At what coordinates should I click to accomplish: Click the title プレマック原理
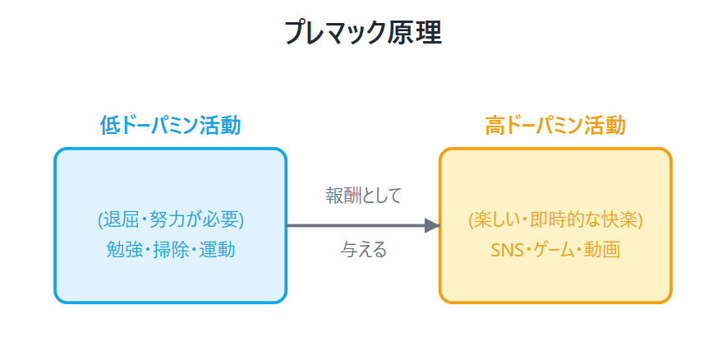point(363,33)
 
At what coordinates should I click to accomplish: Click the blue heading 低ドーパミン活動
point(170,126)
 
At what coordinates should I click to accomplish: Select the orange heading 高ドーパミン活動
point(555,126)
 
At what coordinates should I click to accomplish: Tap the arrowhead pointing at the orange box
point(432,226)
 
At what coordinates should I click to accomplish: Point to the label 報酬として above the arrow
point(363,196)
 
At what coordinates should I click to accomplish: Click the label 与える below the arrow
point(363,250)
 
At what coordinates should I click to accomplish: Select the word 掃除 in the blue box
point(170,250)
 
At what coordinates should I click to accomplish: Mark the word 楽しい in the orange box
point(499,220)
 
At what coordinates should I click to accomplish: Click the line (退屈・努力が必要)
point(170,220)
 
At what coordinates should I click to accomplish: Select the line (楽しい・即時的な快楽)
point(555,220)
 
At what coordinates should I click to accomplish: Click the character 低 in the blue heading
point(109,126)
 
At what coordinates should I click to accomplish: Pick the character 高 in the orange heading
point(494,126)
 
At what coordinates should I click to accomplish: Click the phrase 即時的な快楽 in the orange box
point(586,220)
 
